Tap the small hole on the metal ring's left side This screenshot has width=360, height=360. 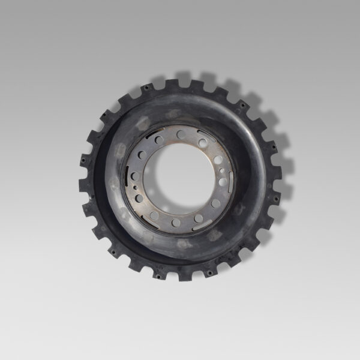(x=136, y=188)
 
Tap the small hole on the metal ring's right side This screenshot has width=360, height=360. (x=222, y=170)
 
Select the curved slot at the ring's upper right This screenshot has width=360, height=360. (x=206, y=136)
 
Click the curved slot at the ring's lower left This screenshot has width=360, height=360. (x=149, y=222)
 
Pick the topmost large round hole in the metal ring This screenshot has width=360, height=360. (x=181, y=134)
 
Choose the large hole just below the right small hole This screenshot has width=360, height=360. (x=223, y=182)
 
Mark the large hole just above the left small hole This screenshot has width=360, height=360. (x=135, y=176)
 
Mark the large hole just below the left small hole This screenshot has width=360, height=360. (x=139, y=198)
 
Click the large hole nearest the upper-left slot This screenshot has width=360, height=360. (x=159, y=140)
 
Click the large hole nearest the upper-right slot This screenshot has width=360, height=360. (x=203, y=143)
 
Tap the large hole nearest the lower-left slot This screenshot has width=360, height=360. (x=154, y=215)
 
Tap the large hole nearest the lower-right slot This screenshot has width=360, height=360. (x=198, y=218)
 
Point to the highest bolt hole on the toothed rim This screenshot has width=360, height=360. (x=145, y=88)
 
